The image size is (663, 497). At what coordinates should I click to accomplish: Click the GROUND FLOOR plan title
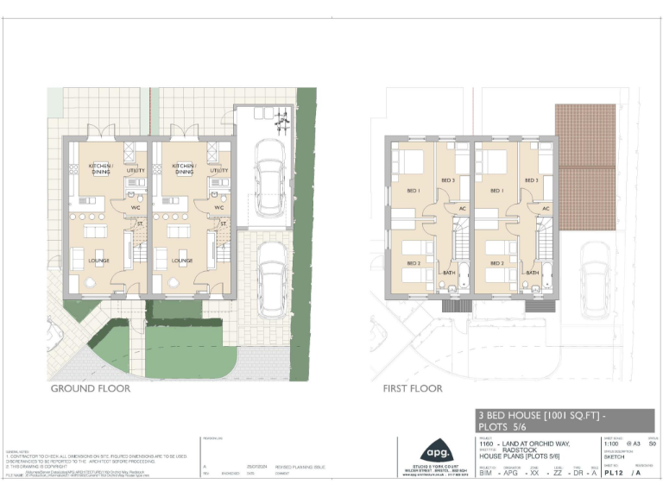click(91, 388)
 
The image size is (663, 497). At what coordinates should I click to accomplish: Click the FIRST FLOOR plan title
click(413, 388)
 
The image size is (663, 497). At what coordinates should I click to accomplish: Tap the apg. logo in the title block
click(433, 453)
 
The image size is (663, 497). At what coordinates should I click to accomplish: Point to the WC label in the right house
click(219, 208)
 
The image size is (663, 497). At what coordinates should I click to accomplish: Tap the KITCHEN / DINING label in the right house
click(184, 169)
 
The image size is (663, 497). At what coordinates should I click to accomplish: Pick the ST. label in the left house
click(139, 224)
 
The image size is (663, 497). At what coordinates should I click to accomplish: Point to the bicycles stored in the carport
click(279, 123)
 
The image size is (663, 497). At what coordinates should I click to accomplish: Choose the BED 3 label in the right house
click(531, 179)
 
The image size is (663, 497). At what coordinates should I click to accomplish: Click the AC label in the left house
click(463, 208)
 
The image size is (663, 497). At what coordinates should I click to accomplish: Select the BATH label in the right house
click(533, 273)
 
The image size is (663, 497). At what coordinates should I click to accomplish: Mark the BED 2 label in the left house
click(413, 262)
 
